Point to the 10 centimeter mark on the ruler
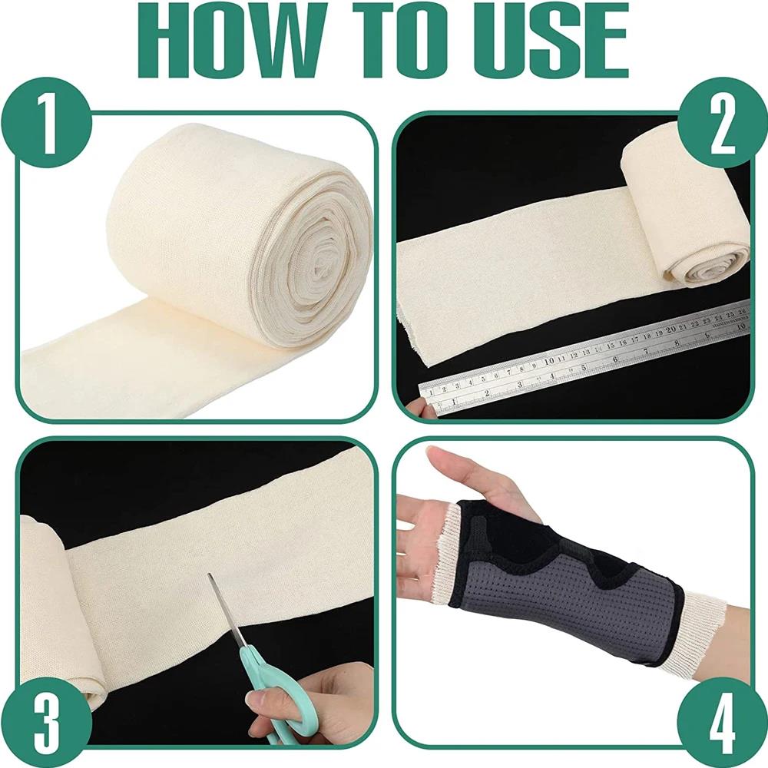(x=550, y=359)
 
